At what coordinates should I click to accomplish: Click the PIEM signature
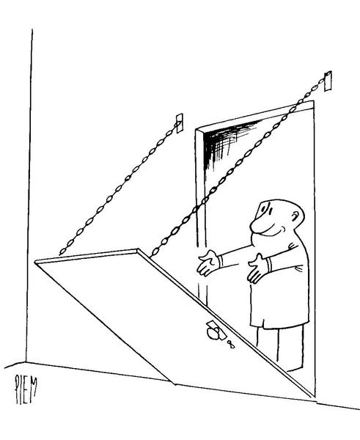(x=26, y=389)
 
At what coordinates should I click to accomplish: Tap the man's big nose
(x=256, y=225)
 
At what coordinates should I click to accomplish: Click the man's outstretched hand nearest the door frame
(x=207, y=263)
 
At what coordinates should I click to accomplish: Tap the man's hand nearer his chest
(x=257, y=268)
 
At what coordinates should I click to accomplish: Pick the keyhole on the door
(x=231, y=344)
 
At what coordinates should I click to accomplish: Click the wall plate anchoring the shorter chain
(x=180, y=123)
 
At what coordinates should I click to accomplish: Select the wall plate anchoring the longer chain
(x=328, y=81)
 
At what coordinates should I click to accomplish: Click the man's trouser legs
(x=280, y=348)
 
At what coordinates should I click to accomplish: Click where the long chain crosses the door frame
(x=201, y=205)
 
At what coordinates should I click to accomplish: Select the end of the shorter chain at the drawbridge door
(x=61, y=254)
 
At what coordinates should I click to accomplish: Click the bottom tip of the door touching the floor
(x=175, y=384)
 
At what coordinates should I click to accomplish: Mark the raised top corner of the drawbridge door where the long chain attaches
(x=138, y=250)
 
